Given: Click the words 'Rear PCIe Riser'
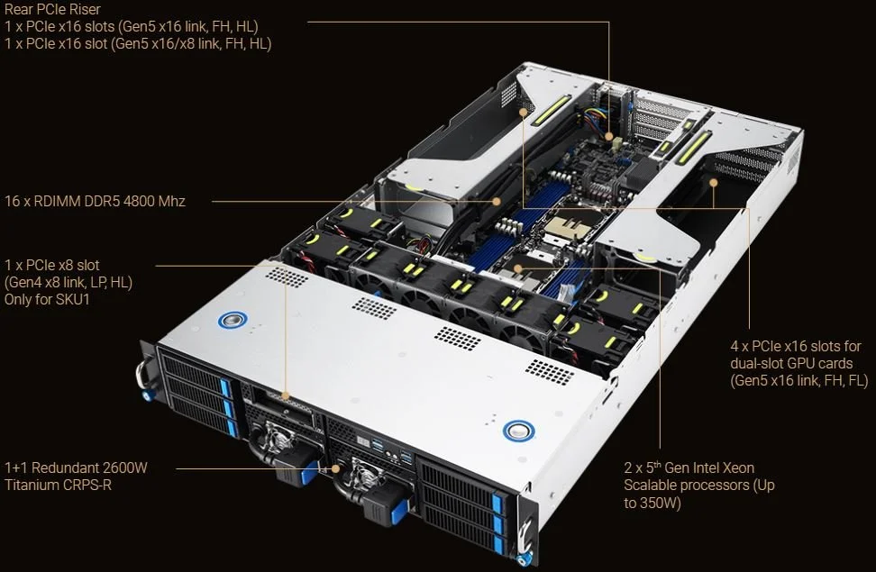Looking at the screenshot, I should (x=51, y=9).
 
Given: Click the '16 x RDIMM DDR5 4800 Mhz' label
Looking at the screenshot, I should (x=95, y=201).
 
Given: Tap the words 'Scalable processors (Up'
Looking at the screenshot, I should (x=698, y=486).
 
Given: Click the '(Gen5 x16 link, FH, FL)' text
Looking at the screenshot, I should (x=798, y=380).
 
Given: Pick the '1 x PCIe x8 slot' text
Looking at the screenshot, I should (x=52, y=265).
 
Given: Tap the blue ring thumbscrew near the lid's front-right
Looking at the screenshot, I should (x=517, y=431).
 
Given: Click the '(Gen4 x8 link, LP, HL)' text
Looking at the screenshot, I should (x=68, y=282).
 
